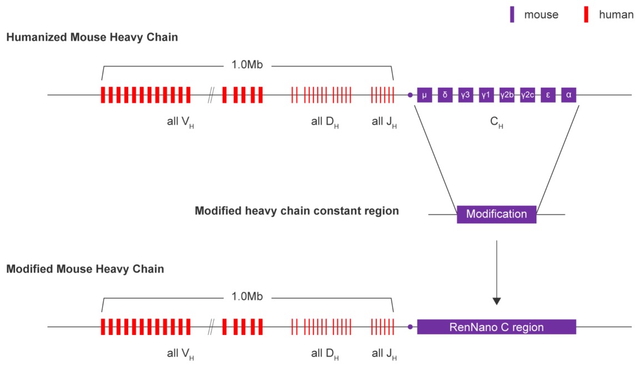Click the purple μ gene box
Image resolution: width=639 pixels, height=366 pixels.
pos(424,95)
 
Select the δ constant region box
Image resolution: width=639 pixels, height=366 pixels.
pos(445,95)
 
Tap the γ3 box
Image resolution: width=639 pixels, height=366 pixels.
pos(465,95)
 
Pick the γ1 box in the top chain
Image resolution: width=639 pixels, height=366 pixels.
pos(486,95)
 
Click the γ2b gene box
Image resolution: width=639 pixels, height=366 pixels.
pos(506,95)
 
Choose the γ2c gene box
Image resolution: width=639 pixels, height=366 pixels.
pos(527,95)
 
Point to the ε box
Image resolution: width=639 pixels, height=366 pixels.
pos(548,95)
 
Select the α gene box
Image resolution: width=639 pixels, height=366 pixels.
pos(568,95)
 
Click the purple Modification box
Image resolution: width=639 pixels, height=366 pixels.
pos(496,214)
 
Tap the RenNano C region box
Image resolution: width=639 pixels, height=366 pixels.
pos(496,327)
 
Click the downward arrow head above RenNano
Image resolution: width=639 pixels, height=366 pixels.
pos(496,301)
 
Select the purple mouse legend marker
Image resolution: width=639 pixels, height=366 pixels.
pos(512,14)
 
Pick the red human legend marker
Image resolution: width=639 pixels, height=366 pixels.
pos(586,14)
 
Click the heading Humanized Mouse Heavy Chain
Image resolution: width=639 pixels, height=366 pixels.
pos(92,37)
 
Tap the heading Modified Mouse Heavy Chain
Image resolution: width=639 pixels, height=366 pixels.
pos(85,269)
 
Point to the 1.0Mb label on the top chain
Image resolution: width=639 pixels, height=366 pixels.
pos(247,65)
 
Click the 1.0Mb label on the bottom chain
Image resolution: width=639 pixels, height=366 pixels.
pos(247,296)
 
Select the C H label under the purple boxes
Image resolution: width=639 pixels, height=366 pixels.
pos(496,122)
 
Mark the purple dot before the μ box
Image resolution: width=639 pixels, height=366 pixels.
pos(410,95)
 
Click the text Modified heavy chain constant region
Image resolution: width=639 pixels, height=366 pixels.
pos(296,211)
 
